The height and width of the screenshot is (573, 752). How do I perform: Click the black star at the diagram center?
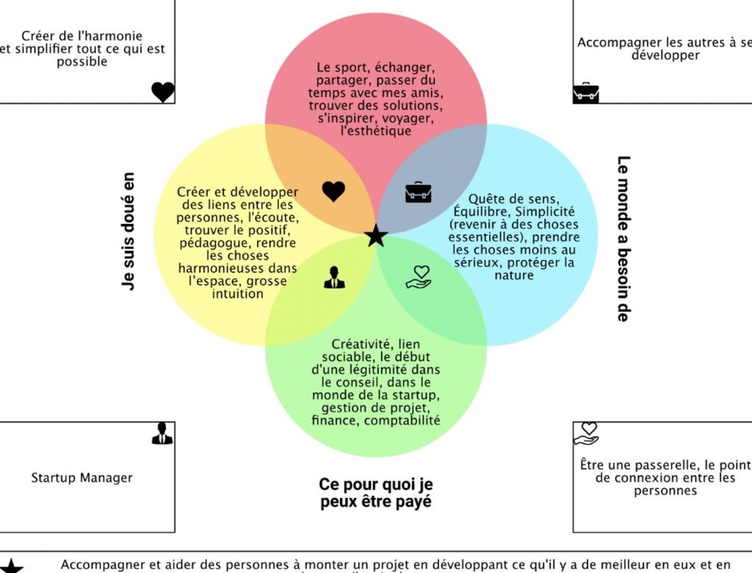(376, 236)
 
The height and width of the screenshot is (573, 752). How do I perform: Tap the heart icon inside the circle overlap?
(333, 192)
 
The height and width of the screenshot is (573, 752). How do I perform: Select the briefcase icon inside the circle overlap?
(419, 192)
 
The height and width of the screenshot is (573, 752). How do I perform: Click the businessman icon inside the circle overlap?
(334, 278)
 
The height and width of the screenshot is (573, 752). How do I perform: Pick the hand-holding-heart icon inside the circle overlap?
(419, 277)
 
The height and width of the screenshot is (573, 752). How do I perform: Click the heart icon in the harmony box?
(163, 92)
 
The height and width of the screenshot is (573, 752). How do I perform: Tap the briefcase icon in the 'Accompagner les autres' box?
(585, 93)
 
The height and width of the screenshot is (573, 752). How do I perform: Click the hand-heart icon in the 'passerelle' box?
(587, 433)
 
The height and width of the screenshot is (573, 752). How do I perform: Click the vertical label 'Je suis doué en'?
(129, 231)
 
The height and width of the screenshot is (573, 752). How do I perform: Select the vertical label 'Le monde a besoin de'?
(623, 238)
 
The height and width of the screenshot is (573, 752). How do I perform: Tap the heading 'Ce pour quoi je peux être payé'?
(376, 493)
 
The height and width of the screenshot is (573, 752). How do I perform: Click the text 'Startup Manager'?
(82, 478)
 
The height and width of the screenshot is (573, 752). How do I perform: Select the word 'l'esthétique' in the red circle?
(375, 131)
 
